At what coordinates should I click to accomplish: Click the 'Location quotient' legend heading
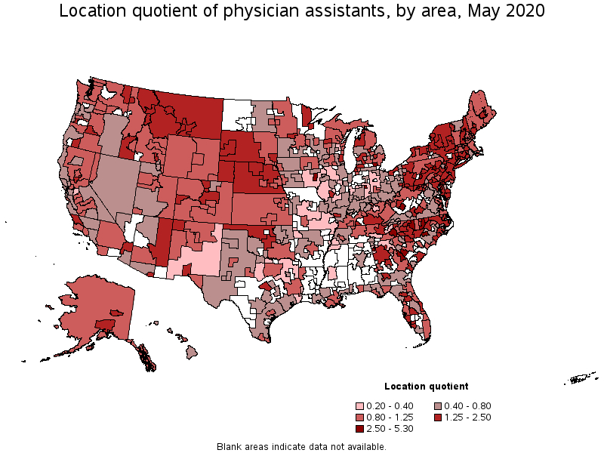pyautogui.click(x=426, y=387)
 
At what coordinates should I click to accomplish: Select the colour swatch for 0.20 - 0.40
pyautogui.click(x=360, y=406)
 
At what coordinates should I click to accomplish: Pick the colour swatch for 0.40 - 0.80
pyautogui.click(x=438, y=406)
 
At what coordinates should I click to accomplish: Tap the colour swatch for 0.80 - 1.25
pyautogui.click(x=360, y=418)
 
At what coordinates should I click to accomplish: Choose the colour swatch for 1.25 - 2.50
pyautogui.click(x=438, y=418)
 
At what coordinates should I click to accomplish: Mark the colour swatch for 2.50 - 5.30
pyautogui.click(x=360, y=429)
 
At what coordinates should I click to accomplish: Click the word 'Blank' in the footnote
pyautogui.click(x=230, y=446)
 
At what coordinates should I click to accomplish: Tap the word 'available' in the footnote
pyautogui.click(x=365, y=446)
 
